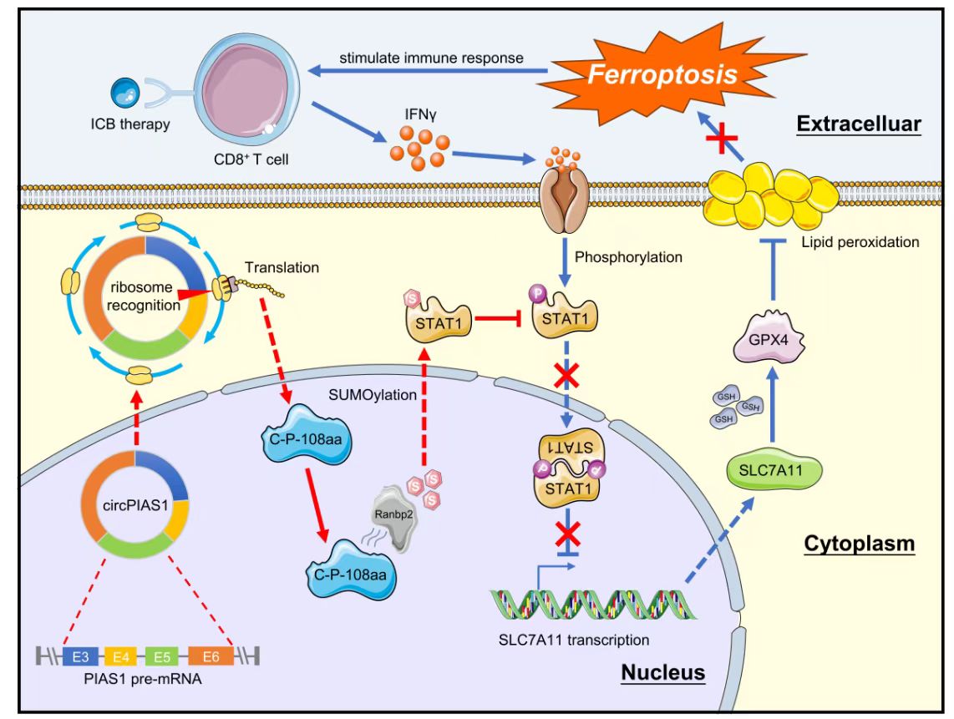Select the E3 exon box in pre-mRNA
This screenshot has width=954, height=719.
[x=76, y=657]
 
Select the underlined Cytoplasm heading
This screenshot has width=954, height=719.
[x=859, y=544]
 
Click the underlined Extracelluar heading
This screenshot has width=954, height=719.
[x=857, y=124]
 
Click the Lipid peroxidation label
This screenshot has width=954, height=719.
[x=869, y=242]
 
